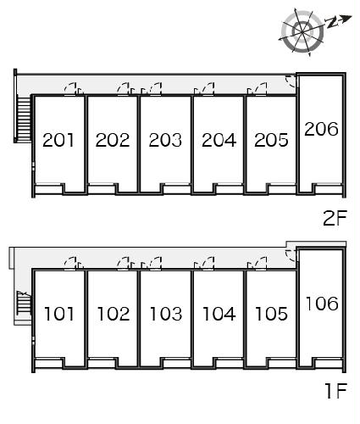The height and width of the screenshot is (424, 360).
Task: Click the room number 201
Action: [x=58, y=140]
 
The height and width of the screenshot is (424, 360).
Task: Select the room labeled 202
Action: [x=113, y=140]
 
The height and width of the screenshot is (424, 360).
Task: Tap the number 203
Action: [x=165, y=140]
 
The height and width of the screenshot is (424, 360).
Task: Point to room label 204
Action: [x=219, y=140]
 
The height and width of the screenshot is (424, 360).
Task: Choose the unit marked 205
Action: [x=271, y=140]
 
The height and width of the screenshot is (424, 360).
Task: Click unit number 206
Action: [x=321, y=129]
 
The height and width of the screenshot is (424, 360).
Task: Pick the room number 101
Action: [x=59, y=314]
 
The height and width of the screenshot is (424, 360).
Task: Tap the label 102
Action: [x=114, y=314]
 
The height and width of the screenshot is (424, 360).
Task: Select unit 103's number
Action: [x=166, y=314]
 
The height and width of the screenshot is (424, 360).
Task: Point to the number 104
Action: [x=219, y=314]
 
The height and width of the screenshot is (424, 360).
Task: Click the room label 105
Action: [x=272, y=314]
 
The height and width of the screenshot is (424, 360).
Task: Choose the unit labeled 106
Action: [x=322, y=304]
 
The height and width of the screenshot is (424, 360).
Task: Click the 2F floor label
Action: [x=335, y=218]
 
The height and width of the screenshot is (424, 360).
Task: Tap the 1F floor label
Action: [x=336, y=391]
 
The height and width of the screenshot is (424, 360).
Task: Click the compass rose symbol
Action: [x=302, y=31]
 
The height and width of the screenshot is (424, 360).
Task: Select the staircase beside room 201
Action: [x=25, y=119]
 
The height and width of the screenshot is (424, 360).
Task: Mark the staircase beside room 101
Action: [x=24, y=303]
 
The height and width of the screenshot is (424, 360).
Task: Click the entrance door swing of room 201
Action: [x=70, y=88]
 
